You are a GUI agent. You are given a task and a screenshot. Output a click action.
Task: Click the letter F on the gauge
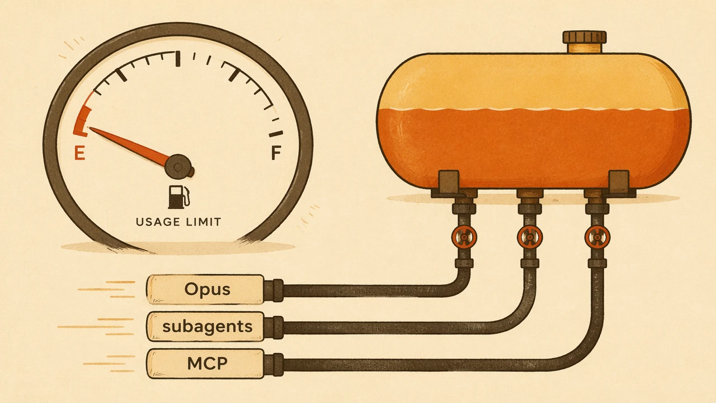click(276, 152)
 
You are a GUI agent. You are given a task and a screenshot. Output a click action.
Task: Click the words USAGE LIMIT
click(178, 222)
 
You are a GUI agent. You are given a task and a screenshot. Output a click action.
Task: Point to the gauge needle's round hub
click(178, 167)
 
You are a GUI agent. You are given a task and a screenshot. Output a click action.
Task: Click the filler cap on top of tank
click(585, 41)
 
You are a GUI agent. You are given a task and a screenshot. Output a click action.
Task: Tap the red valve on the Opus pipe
click(464, 237)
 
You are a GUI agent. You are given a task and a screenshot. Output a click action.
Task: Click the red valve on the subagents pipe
click(530, 237)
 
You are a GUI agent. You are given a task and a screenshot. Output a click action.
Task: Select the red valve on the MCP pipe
click(597, 237)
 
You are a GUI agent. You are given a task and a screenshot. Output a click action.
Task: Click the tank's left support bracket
click(448, 184)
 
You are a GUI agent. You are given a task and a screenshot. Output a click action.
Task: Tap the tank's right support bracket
click(619, 184)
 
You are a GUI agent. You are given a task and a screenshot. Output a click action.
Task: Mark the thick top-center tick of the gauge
click(178, 59)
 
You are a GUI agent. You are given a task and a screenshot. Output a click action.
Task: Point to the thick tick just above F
click(276, 134)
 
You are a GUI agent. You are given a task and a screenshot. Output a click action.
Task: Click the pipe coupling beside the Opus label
click(274, 290)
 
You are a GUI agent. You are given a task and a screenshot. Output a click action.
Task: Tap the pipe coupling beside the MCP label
click(274, 364)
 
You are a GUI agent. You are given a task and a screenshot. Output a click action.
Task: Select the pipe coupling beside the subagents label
click(274, 327)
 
